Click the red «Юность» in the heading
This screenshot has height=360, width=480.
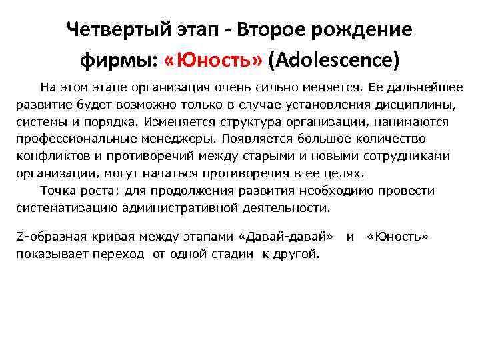[x=214, y=61]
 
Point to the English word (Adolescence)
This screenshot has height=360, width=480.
[x=334, y=61]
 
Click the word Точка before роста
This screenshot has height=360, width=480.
[x=58, y=191]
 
